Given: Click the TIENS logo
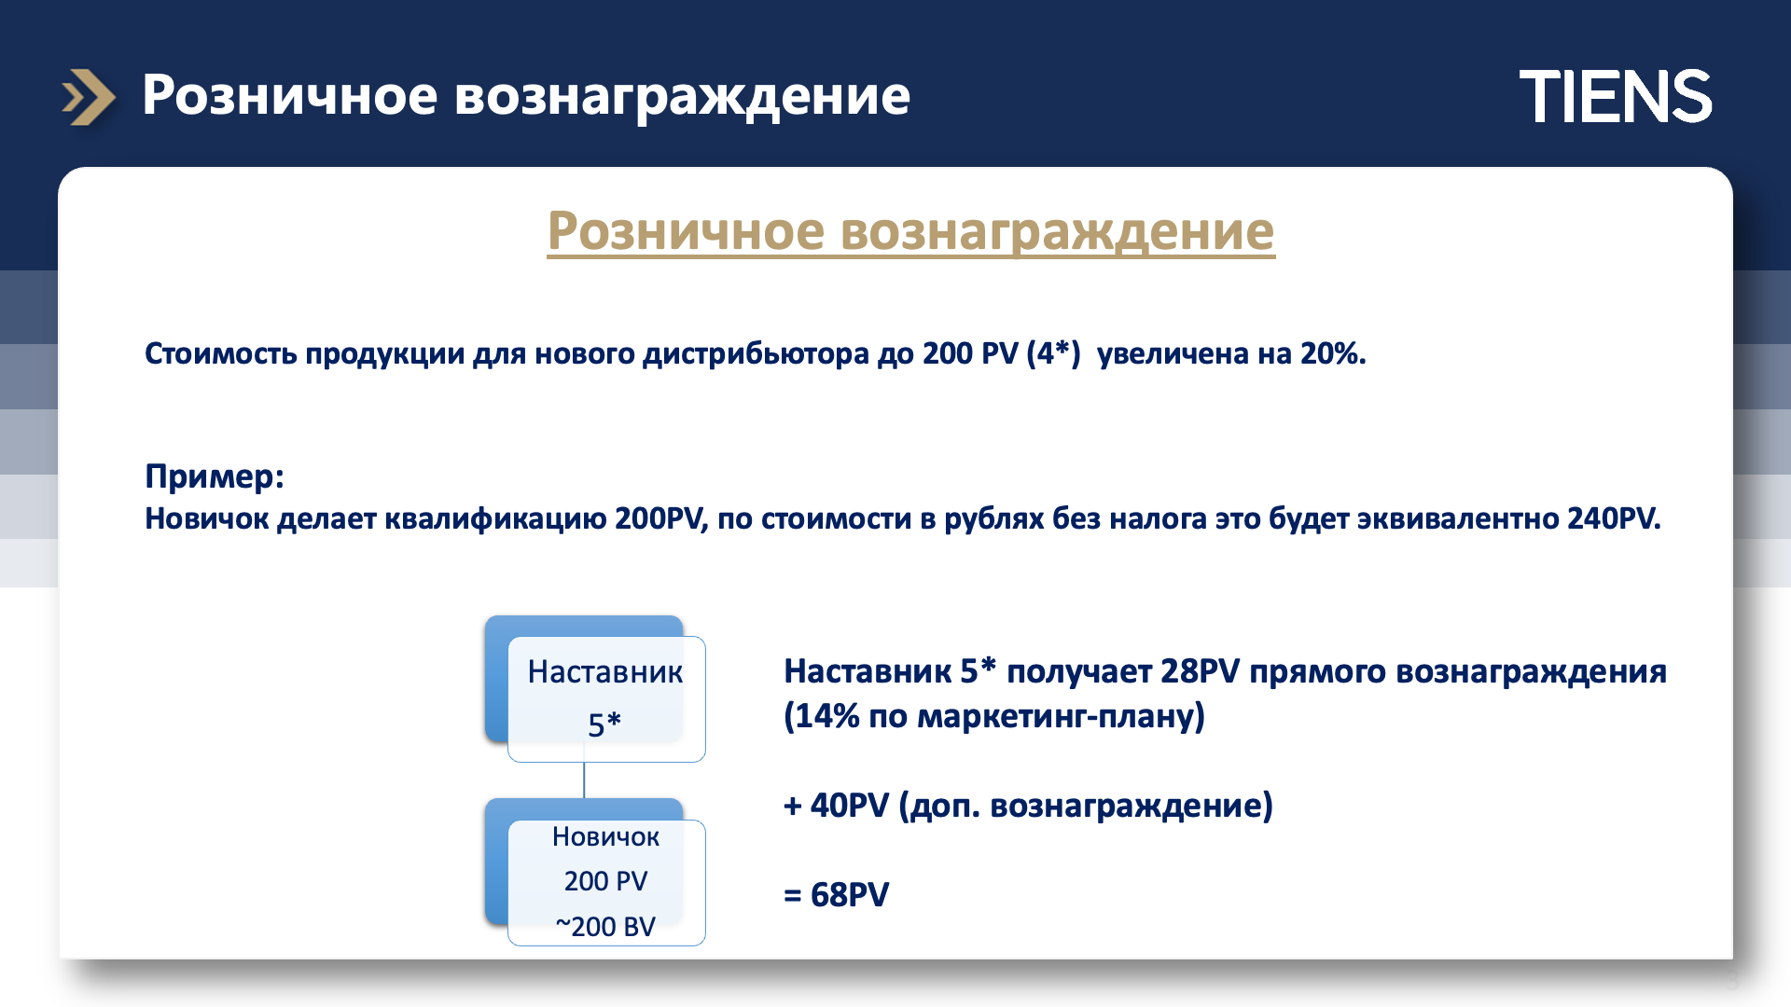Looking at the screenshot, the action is coord(1616,96).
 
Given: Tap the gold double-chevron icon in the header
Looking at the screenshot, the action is coord(89,97).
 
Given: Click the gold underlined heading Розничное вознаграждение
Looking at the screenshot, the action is coord(910,231).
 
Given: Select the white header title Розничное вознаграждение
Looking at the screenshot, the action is coord(526,95).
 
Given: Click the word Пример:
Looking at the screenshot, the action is coord(215,476).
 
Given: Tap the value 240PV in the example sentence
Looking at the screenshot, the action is coord(1614,518).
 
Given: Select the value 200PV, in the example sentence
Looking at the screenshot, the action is coord(661,518).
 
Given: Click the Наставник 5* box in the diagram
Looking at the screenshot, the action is coord(605,698).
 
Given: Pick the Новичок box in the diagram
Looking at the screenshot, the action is coord(605,882).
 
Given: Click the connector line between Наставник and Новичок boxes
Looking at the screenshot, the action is coord(584,780).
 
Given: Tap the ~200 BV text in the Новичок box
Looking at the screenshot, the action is coord(605,927).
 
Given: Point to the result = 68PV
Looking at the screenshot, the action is coord(837,895).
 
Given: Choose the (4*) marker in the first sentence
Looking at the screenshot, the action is coord(1053,353).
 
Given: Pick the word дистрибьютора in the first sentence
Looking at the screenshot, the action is coord(756,354).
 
